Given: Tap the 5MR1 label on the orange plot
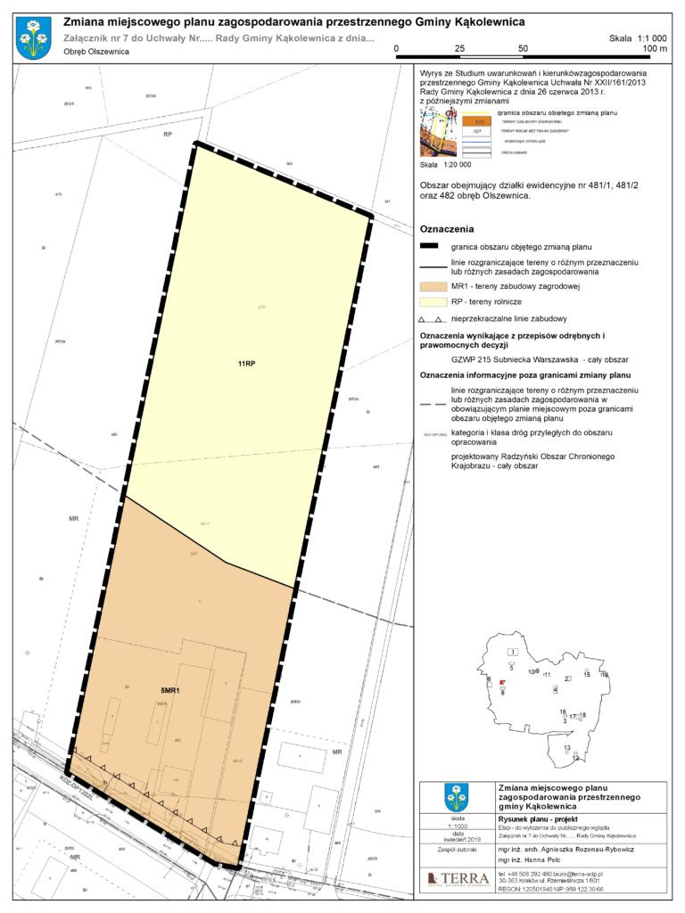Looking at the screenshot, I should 171,691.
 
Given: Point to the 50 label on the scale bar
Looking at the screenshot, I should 523,48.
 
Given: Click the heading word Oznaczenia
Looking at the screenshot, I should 446,229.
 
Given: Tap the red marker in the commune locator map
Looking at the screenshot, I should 503,683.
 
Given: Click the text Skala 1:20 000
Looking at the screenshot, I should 445,165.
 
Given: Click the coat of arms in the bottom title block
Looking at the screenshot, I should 457,797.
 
